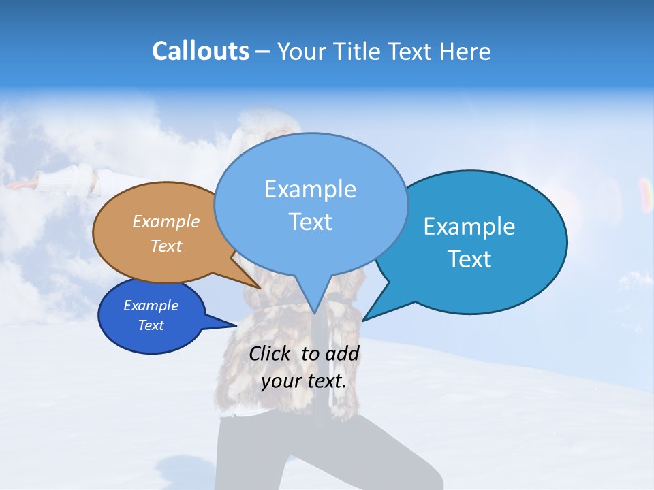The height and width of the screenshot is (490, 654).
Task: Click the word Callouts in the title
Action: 200,51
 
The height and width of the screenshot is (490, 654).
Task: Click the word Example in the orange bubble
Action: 166,221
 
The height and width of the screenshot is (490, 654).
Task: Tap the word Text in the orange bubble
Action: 166,246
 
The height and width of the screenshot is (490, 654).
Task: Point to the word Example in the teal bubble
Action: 469,227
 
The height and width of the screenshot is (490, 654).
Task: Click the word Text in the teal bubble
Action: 469,259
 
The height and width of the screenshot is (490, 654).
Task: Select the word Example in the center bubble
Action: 310,189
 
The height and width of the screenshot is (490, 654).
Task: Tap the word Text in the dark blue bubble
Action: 151,325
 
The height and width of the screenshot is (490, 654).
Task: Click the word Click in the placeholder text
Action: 271,353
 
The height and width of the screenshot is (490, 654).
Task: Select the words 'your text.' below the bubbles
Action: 304,380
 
